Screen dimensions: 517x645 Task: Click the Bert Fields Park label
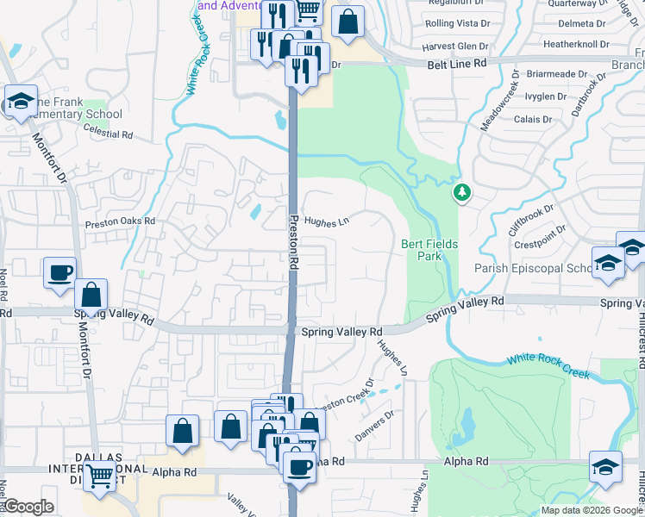(x=429, y=250)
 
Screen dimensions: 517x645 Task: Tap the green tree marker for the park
(x=463, y=192)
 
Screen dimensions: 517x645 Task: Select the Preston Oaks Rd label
(x=119, y=221)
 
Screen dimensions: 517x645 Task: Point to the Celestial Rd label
(x=109, y=134)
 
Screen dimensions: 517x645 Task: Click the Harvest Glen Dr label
(x=455, y=46)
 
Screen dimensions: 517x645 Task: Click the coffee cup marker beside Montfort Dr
(x=60, y=272)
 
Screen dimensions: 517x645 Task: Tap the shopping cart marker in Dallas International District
(x=101, y=473)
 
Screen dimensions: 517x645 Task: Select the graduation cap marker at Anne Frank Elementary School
(x=21, y=100)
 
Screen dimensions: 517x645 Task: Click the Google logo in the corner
(x=28, y=507)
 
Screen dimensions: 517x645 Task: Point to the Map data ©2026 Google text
(x=591, y=510)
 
